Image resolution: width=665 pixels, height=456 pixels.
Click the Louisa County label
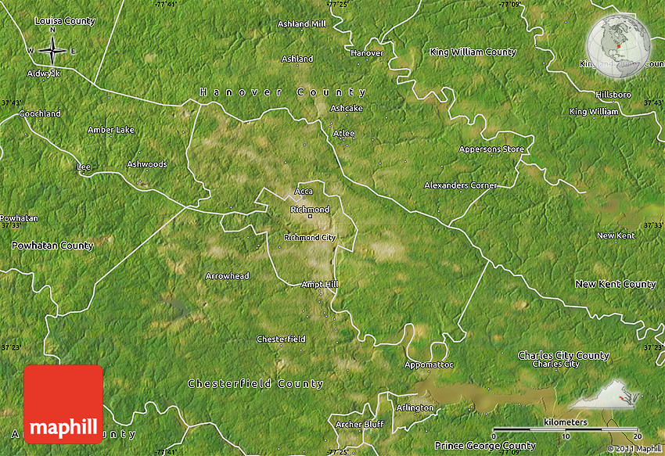tap(65, 21)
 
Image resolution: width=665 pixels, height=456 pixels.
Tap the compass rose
tap(52, 51)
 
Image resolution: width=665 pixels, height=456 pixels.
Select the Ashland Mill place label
tap(302, 24)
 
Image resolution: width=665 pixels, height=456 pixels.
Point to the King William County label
tap(473, 52)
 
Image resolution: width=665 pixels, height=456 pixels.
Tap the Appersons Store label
tap(490, 149)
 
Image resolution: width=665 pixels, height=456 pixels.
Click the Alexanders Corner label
tap(460, 185)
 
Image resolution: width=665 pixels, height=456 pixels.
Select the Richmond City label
tap(310, 237)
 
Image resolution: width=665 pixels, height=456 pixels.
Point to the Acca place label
tap(304, 192)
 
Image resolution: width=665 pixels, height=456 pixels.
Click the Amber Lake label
tap(111, 130)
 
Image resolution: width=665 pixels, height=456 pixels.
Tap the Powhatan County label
tap(52, 246)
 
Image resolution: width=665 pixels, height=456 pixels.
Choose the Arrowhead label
tap(227, 276)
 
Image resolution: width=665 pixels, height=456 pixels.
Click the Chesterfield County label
tap(255, 384)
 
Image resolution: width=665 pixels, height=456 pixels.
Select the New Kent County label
tap(615, 284)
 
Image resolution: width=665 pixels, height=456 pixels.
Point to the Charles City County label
tap(563, 355)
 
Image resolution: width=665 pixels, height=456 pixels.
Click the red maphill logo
tap(63, 404)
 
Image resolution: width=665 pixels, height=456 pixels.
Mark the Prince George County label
tap(485, 446)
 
